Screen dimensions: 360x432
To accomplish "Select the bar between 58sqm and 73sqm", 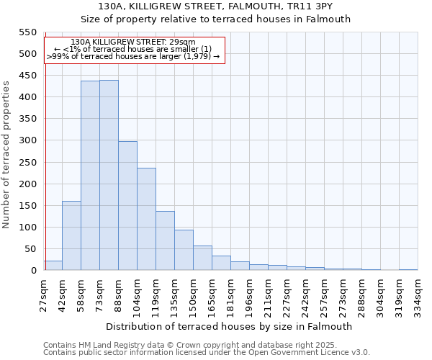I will (x=90, y=176).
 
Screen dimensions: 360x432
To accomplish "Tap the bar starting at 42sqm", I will (x=71, y=235).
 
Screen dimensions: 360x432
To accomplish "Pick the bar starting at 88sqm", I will (x=127, y=206).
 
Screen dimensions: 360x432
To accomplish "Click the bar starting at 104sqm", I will (x=146, y=219).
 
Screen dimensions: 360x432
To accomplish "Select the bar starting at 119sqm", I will (x=165, y=240).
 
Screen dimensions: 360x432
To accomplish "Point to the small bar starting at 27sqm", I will (x=53, y=266).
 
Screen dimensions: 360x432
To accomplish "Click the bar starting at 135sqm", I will (x=184, y=250).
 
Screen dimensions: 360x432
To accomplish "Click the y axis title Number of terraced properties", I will (x=7, y=155).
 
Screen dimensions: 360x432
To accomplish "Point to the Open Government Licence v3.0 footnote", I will (x=207, y=353).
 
